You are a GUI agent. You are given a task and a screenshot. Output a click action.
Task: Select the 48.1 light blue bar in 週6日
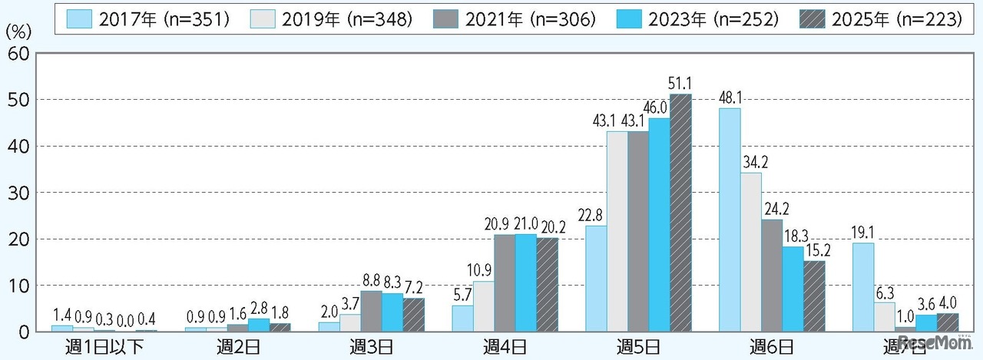[x=730, y=220]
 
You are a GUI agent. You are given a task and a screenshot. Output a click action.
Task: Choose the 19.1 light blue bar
[x=863, y=287]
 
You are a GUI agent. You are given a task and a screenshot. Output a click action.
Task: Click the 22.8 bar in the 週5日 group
[x=596, y=279]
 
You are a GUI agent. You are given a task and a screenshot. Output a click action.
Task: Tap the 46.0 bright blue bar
[x=660, y=224]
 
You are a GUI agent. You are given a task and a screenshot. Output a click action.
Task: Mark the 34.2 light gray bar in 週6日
[x=751, y=252]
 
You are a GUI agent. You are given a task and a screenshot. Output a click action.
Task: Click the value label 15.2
[x=816, y=249]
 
